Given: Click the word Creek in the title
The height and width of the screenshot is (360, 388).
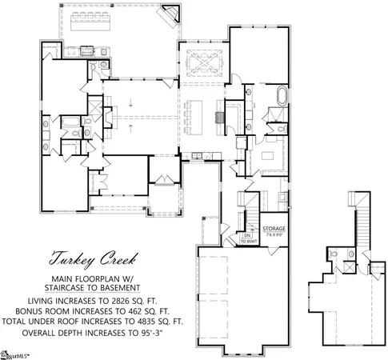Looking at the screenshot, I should tap(114, 260).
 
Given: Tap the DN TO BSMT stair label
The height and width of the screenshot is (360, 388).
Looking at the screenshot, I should tap(248, 239).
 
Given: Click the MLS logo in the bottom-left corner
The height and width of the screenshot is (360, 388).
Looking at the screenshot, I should tap(18, 351).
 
